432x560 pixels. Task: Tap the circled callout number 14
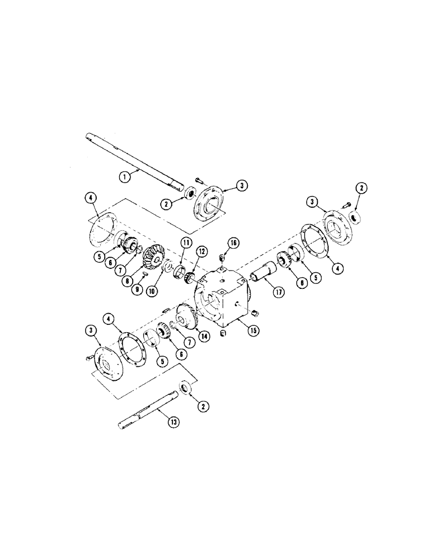200,337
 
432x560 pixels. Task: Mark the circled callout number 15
252,330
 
